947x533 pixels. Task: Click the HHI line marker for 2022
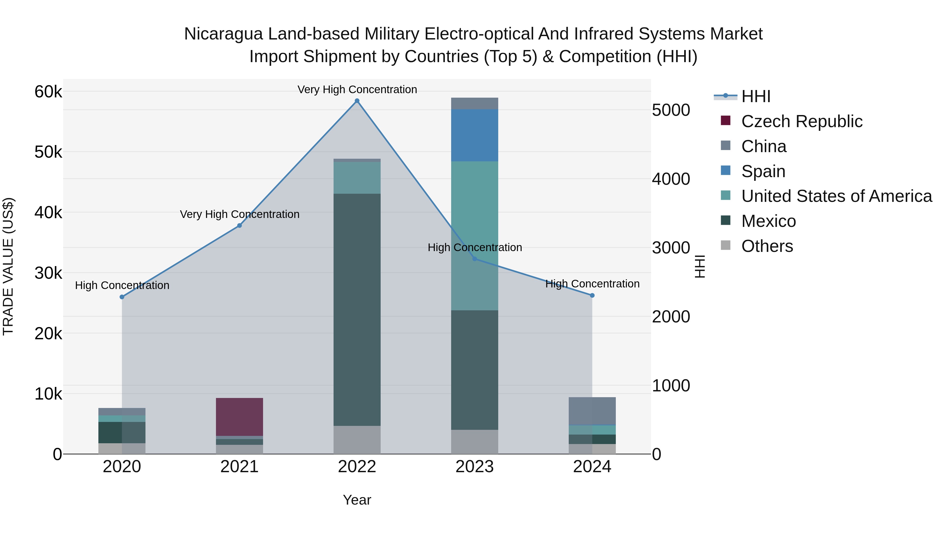coord(357,101)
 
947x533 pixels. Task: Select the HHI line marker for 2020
coord(122,297)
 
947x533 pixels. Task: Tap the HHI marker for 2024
coord(592,295)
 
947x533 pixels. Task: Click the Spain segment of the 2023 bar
coord(474,135)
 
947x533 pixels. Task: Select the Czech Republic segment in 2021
coord(239,417)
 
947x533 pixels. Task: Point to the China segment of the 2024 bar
coord(592,411)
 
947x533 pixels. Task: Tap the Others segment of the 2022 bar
coord(357,440)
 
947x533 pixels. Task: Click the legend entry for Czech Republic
coord(802,121)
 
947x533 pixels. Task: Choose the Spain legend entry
coord(763,171)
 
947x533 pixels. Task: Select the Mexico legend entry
coord(768,221)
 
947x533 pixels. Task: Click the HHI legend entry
coord(755,96)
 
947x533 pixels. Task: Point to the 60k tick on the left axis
coord(48,92)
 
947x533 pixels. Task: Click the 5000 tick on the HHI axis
coord(671,110)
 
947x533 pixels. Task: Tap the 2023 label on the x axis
coord(474,467)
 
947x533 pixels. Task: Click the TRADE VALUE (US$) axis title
coord(8,266)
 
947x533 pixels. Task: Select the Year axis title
coord(357,500)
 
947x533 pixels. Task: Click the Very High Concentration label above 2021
coord(239,214)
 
